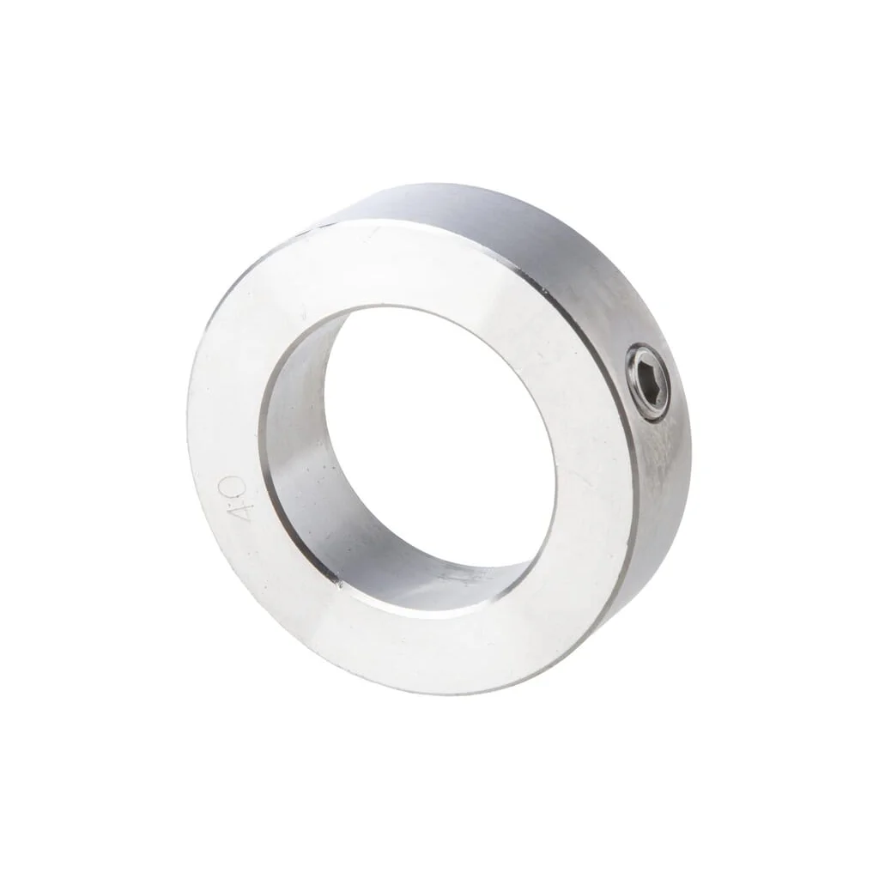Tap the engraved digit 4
(239, 512)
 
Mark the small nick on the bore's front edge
(341, 586)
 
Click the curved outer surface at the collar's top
(476, 209)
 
